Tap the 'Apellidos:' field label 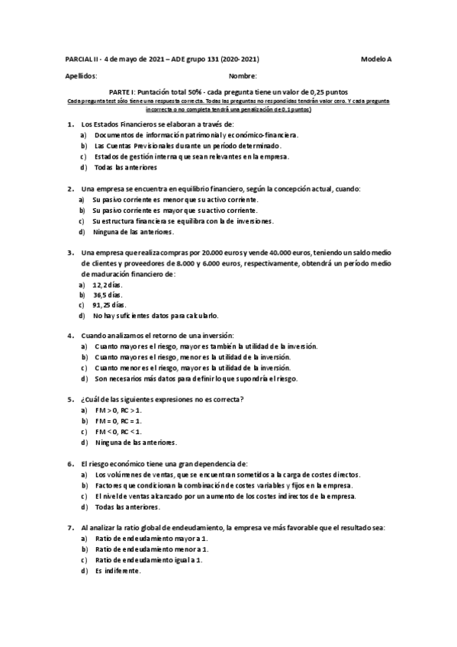pos(82,76)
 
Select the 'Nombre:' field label pos(243,76)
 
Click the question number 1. pos(70,124)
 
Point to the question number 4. pos(70,336)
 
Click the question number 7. pos(70,527)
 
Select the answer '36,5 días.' pos(108,294)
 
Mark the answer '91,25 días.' pos(109,304)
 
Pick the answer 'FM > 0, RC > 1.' pos(118,410)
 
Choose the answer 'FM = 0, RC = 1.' pos(118,420)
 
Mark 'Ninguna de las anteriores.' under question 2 pos(134,231)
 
